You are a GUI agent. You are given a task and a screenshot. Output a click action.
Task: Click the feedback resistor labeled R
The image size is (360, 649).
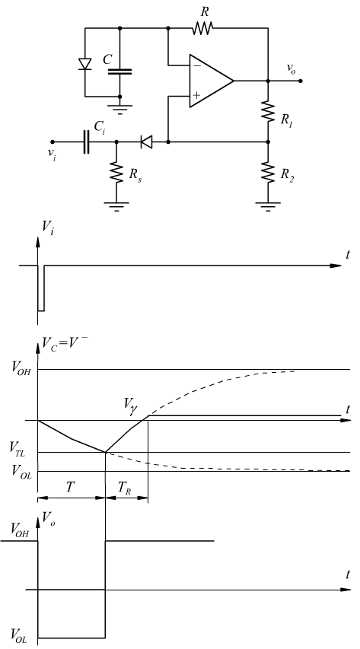click(202, 28)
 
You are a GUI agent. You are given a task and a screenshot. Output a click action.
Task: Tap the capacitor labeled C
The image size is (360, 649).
click(119, 72)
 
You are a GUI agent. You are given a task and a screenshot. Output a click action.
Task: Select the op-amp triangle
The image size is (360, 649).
click(212, 81)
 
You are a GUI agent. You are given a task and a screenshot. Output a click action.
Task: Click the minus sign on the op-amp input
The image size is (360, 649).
click(197, 65)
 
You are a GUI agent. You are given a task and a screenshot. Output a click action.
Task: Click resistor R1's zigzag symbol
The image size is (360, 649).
click(268, 112)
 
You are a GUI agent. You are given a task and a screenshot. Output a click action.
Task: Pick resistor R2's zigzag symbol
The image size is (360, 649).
click(268, 173)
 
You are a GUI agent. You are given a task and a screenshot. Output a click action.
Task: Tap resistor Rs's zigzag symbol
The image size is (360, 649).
click(116, 173)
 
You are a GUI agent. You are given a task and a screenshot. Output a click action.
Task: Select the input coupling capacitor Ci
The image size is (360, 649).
click(86, 142)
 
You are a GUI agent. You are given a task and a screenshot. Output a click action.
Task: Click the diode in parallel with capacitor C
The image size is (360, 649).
click(85, 64)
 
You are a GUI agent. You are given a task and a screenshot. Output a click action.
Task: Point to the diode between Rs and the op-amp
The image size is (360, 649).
click(146, 142)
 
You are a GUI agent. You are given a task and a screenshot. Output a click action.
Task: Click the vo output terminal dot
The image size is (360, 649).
click(301, 81)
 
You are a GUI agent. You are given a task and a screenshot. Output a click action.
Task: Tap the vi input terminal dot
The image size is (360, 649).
click(53, 142)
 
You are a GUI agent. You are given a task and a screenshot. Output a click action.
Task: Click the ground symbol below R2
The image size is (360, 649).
click(268, 206)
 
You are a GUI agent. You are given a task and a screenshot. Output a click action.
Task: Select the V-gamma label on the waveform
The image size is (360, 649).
click(130, 403)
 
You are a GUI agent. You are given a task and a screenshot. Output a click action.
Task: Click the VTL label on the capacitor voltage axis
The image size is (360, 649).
click(18, 450)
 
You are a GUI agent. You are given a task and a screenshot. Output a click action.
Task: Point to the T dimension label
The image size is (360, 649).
click(71, 486)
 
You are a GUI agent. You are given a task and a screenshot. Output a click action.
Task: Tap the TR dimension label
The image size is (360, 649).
click(124, 488)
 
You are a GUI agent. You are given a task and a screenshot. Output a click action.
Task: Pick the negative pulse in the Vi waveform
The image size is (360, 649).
click(41, 288)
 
